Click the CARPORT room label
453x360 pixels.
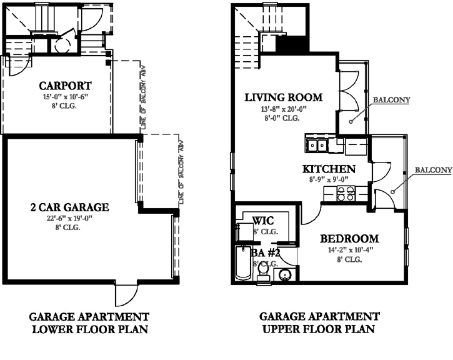(66, 86)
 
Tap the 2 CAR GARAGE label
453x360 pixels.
(70, 207)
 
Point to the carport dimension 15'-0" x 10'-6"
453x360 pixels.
(66, 97)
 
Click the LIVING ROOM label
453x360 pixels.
(284, 97)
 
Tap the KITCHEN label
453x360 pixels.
(329, 169)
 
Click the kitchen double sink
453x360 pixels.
(317, 146)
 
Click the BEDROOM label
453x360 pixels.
(349, 239)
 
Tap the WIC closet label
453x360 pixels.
(264, 221)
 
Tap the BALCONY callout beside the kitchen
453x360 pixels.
(433, 170)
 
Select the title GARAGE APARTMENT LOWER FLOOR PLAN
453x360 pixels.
(90, 323)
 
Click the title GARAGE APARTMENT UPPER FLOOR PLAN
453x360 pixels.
(319, 323)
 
